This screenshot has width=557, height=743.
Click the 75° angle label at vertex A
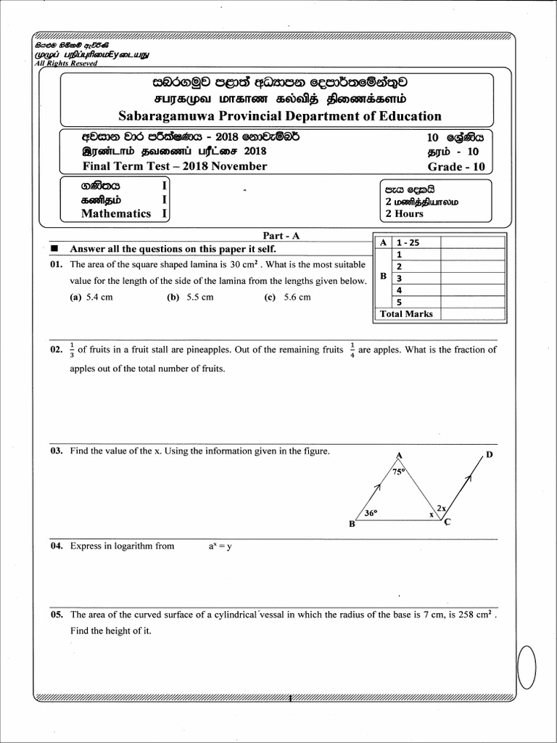[399, 472]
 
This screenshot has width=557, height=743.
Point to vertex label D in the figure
[490, 455]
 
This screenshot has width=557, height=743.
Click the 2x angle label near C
[441, 508]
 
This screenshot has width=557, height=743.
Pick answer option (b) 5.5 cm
[190, 297]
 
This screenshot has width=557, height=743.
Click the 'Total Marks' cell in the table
[406, 314]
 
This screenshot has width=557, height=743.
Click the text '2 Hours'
[404, 213]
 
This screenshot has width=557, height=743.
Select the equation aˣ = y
[220, 546]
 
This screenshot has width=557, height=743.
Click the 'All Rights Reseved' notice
[66, 62]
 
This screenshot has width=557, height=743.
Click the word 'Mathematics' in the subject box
[116, 213]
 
